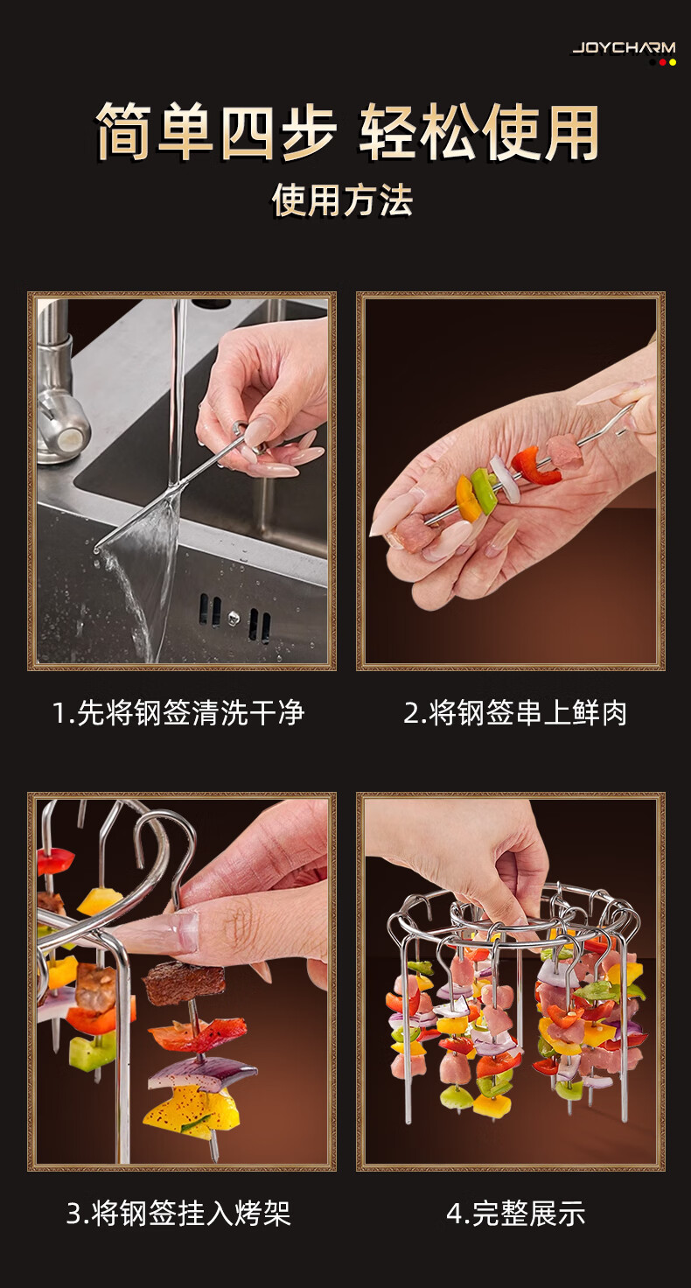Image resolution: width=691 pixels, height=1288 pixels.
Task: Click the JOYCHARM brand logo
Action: [624, 48]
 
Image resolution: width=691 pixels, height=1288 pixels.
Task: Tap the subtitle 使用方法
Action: [343, 200]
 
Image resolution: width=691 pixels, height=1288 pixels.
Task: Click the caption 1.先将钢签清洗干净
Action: [178, 714]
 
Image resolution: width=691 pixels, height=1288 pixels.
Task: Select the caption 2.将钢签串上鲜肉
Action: [515, 714]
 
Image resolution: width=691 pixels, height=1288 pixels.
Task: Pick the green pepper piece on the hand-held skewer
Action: [484, 491]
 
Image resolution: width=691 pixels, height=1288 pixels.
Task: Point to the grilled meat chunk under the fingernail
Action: [183, 983]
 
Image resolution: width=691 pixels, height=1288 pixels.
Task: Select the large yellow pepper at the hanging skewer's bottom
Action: [192, 1115]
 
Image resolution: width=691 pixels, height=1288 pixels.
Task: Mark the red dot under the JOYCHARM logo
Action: [662, 62]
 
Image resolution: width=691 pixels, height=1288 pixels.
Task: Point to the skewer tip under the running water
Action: [96, 549]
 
